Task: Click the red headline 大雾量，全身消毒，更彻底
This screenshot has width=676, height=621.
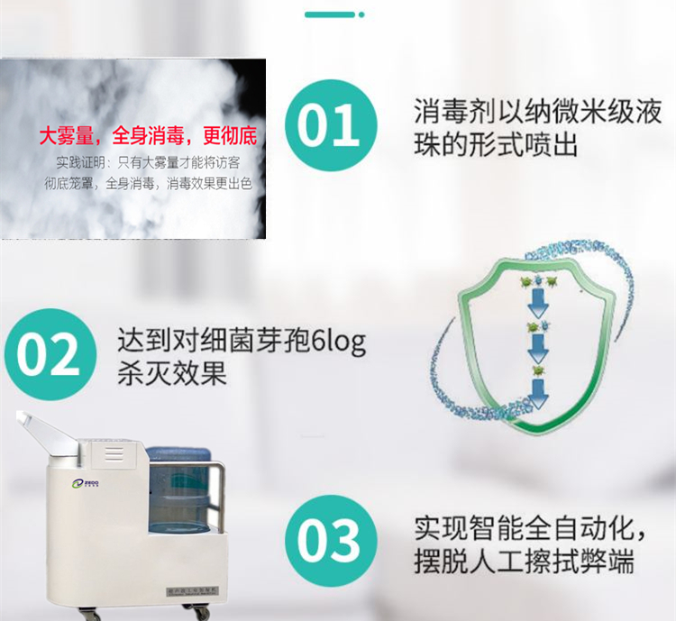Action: (148, 137)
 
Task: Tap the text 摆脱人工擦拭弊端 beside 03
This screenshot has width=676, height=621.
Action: (524, 562)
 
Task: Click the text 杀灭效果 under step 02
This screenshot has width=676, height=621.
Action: (171, 374)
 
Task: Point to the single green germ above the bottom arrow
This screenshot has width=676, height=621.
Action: (538, 369)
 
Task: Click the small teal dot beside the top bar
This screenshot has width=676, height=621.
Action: (361, 14)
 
